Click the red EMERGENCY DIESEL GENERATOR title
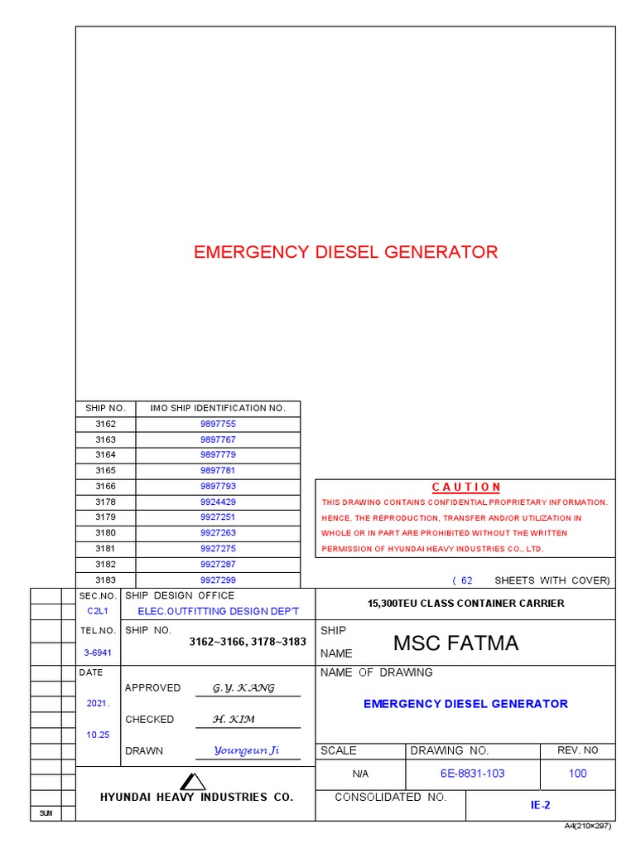345,252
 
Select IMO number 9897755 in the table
218,424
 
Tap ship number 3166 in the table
105,487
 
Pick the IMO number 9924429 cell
218,502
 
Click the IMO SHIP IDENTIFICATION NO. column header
218,408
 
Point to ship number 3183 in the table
105,580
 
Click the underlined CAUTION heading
466,487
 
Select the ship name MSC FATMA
455,643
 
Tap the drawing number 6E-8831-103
472,774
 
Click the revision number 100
577,774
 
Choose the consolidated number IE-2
540,805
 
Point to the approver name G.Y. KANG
243,688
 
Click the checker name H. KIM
234,720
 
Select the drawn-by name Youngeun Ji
246,750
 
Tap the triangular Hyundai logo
193,781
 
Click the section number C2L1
98,611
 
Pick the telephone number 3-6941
98,653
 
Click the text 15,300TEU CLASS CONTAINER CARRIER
465,603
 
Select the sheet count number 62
467,580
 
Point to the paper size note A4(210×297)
590,827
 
